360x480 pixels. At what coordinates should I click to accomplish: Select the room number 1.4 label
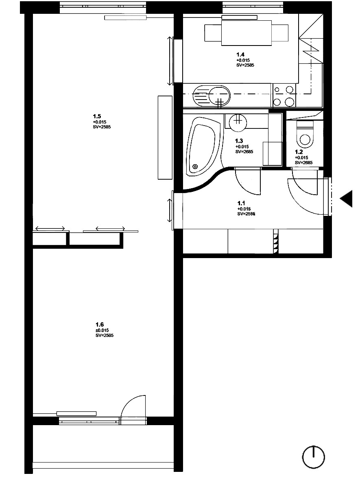[x=241, y=54]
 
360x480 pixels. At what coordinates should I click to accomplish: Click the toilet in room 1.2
[x=305, y=136]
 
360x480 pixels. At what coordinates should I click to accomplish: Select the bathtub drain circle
[x=196, y=166]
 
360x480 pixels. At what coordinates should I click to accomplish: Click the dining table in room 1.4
[x=246, y=33]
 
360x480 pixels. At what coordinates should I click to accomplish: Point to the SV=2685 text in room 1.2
[x=303, y=163]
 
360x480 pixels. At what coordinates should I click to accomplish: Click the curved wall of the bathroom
[x=207, y=182]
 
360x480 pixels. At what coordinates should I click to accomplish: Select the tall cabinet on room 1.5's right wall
[x=165, y=137]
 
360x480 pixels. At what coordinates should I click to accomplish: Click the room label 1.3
[x=239, y=141]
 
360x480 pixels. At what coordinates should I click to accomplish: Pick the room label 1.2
[x=299, y=152]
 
